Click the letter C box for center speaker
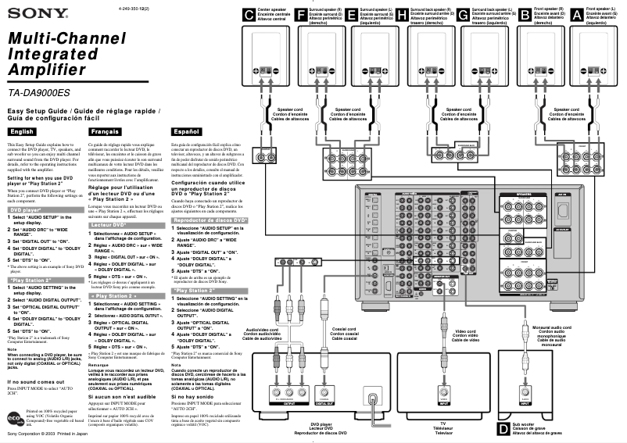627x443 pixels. [x=249, y=14]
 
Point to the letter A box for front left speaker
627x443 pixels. [x=576, y=14]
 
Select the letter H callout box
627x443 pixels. [x=402, y=14]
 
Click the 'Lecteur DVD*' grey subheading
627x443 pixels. [x=109, y=224]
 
